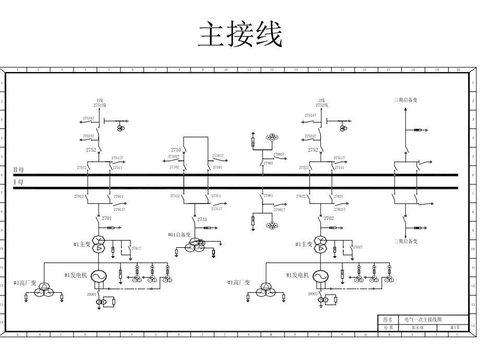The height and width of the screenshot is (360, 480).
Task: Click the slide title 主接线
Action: tap(240, 35)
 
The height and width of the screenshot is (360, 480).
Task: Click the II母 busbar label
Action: tap(18, 170)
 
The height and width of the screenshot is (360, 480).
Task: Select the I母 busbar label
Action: tap(18, 182)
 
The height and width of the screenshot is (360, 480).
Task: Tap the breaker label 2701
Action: tap(106, 218)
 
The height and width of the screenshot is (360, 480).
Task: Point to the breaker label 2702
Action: tap(328, 218)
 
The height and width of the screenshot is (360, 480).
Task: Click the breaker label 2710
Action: tap(176, 150)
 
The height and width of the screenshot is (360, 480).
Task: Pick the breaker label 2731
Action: tap(202, 220)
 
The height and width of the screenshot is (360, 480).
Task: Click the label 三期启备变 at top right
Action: tap(405, 100)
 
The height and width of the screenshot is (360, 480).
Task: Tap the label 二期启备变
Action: tap(405, 241)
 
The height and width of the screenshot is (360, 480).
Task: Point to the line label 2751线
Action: tap(100, 105)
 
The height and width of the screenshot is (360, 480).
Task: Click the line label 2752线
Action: tap(321, 105)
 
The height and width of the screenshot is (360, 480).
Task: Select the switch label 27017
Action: tap(136, 248)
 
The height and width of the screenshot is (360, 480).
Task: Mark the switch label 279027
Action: tap(279, 154)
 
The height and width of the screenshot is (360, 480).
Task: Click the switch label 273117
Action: tap(217, 208)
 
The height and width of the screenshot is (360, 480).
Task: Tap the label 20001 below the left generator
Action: tap(91, 294)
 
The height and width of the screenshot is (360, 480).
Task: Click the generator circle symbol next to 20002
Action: tap(320, 276)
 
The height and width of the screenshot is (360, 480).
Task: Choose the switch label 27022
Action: tap(301, 197)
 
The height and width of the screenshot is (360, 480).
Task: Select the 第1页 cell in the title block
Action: tap(455, 328)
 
